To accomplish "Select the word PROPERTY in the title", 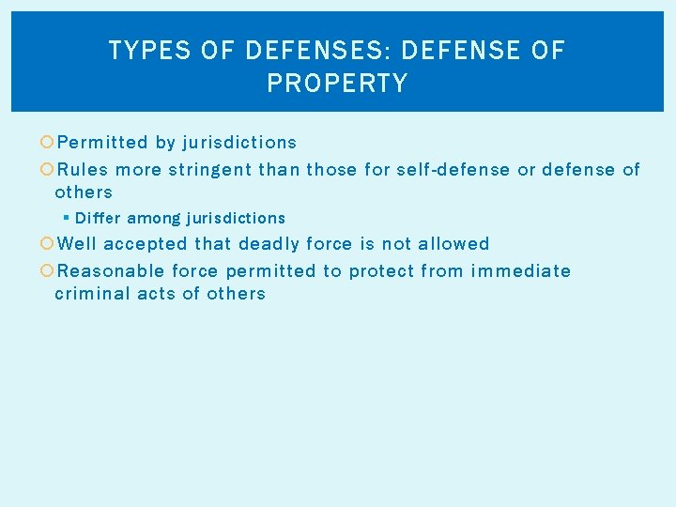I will coord(337,84).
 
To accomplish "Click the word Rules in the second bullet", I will coord(83,170).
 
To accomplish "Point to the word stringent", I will coord(210,170).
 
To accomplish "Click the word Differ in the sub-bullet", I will coord(98,219).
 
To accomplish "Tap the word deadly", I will coord(271,244).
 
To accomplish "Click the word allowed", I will coord(453,244).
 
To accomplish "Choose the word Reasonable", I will coord(112,271).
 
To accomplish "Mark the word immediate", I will coord(521,271).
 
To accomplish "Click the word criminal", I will coord(89,294).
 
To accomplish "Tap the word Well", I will coord(77,244).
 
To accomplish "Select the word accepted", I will coord(146,244).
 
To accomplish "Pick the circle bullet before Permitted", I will coord(48,143).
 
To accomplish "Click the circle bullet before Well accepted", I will coord(48,244).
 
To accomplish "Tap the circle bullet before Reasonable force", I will coord(48,271).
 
